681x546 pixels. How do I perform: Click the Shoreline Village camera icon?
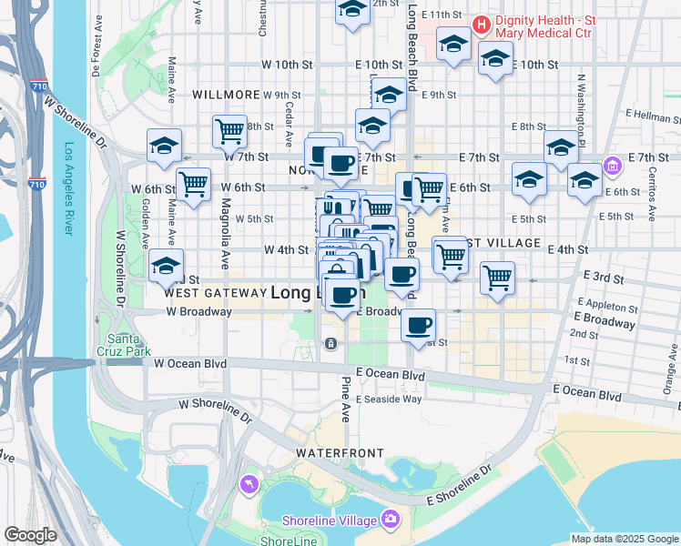click(x=391, y=520)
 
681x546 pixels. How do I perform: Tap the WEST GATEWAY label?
click(x=212, y=294)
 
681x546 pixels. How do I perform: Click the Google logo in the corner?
click(x=30, y=535)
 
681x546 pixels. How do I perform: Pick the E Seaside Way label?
click(x=389, y=399)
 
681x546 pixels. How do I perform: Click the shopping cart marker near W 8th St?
click(x=229, y=131)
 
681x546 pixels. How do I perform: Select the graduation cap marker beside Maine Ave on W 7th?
click(x=165, y=145)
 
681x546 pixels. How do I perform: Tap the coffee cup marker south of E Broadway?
click(x=418, y=325)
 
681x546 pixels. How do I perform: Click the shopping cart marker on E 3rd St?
click(x=497, y=277)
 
